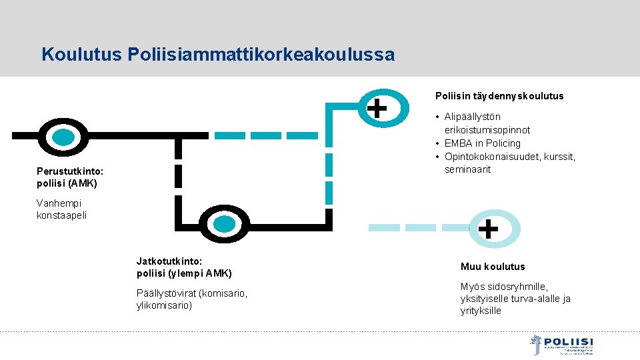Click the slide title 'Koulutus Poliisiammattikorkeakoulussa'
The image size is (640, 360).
pyautogui.click(x=217, y=54)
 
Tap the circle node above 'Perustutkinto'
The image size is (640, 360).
pyautogui.click(x=63, y=137)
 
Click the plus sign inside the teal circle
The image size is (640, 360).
pyautogui.click(x=377, y=106)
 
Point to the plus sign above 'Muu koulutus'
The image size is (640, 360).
pyautogui.click(x=488, y=229)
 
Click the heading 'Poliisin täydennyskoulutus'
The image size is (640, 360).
pyautogui.click(x=499, y=96)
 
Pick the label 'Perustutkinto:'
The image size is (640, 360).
pyautogui.click(x=70, y=171)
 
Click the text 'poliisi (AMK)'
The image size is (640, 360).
pyautogui.click(x=67, y=183)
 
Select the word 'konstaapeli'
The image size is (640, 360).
pyautogui.click(x=61, y=215)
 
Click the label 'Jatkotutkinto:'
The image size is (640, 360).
pyautogui.click(x=169, y=261)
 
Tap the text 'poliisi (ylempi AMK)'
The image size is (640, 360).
pyautogui.click(x=184, y=273)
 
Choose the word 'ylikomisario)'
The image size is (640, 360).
pyautogui.click(x=164, y=305)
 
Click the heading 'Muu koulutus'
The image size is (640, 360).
pyautogui.click(x=492, y=267)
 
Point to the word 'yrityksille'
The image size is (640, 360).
pyautogui.click(x=481, y=311)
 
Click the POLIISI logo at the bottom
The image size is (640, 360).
pyautogui.click(x=561, y=345)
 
